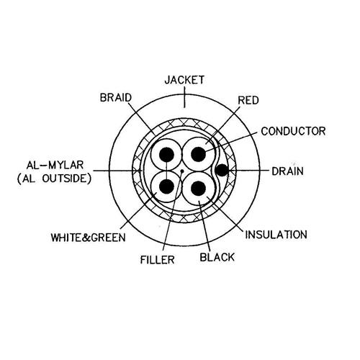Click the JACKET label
pos(184,80)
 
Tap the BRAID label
pos(116,98)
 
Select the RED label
pos(248,100)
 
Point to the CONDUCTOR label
pos(293,131)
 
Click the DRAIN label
pos(287,171)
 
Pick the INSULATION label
pos(276,235)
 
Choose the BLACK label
pos(217,257)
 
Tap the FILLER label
pos(157,260)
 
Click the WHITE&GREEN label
pos(88,238)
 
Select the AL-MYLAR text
pos(55,165)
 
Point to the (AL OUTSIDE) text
pos(54,179)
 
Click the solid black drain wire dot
pos(222,170)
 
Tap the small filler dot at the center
pos(182,171)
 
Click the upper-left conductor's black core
pos(166,154)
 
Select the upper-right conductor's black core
pos(199,154)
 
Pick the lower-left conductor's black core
pos(166,187)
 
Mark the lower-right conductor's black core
pos(199,188)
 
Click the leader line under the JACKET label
pos(184,97)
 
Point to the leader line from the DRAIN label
pos(248,171)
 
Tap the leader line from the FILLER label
pos(173,210)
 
